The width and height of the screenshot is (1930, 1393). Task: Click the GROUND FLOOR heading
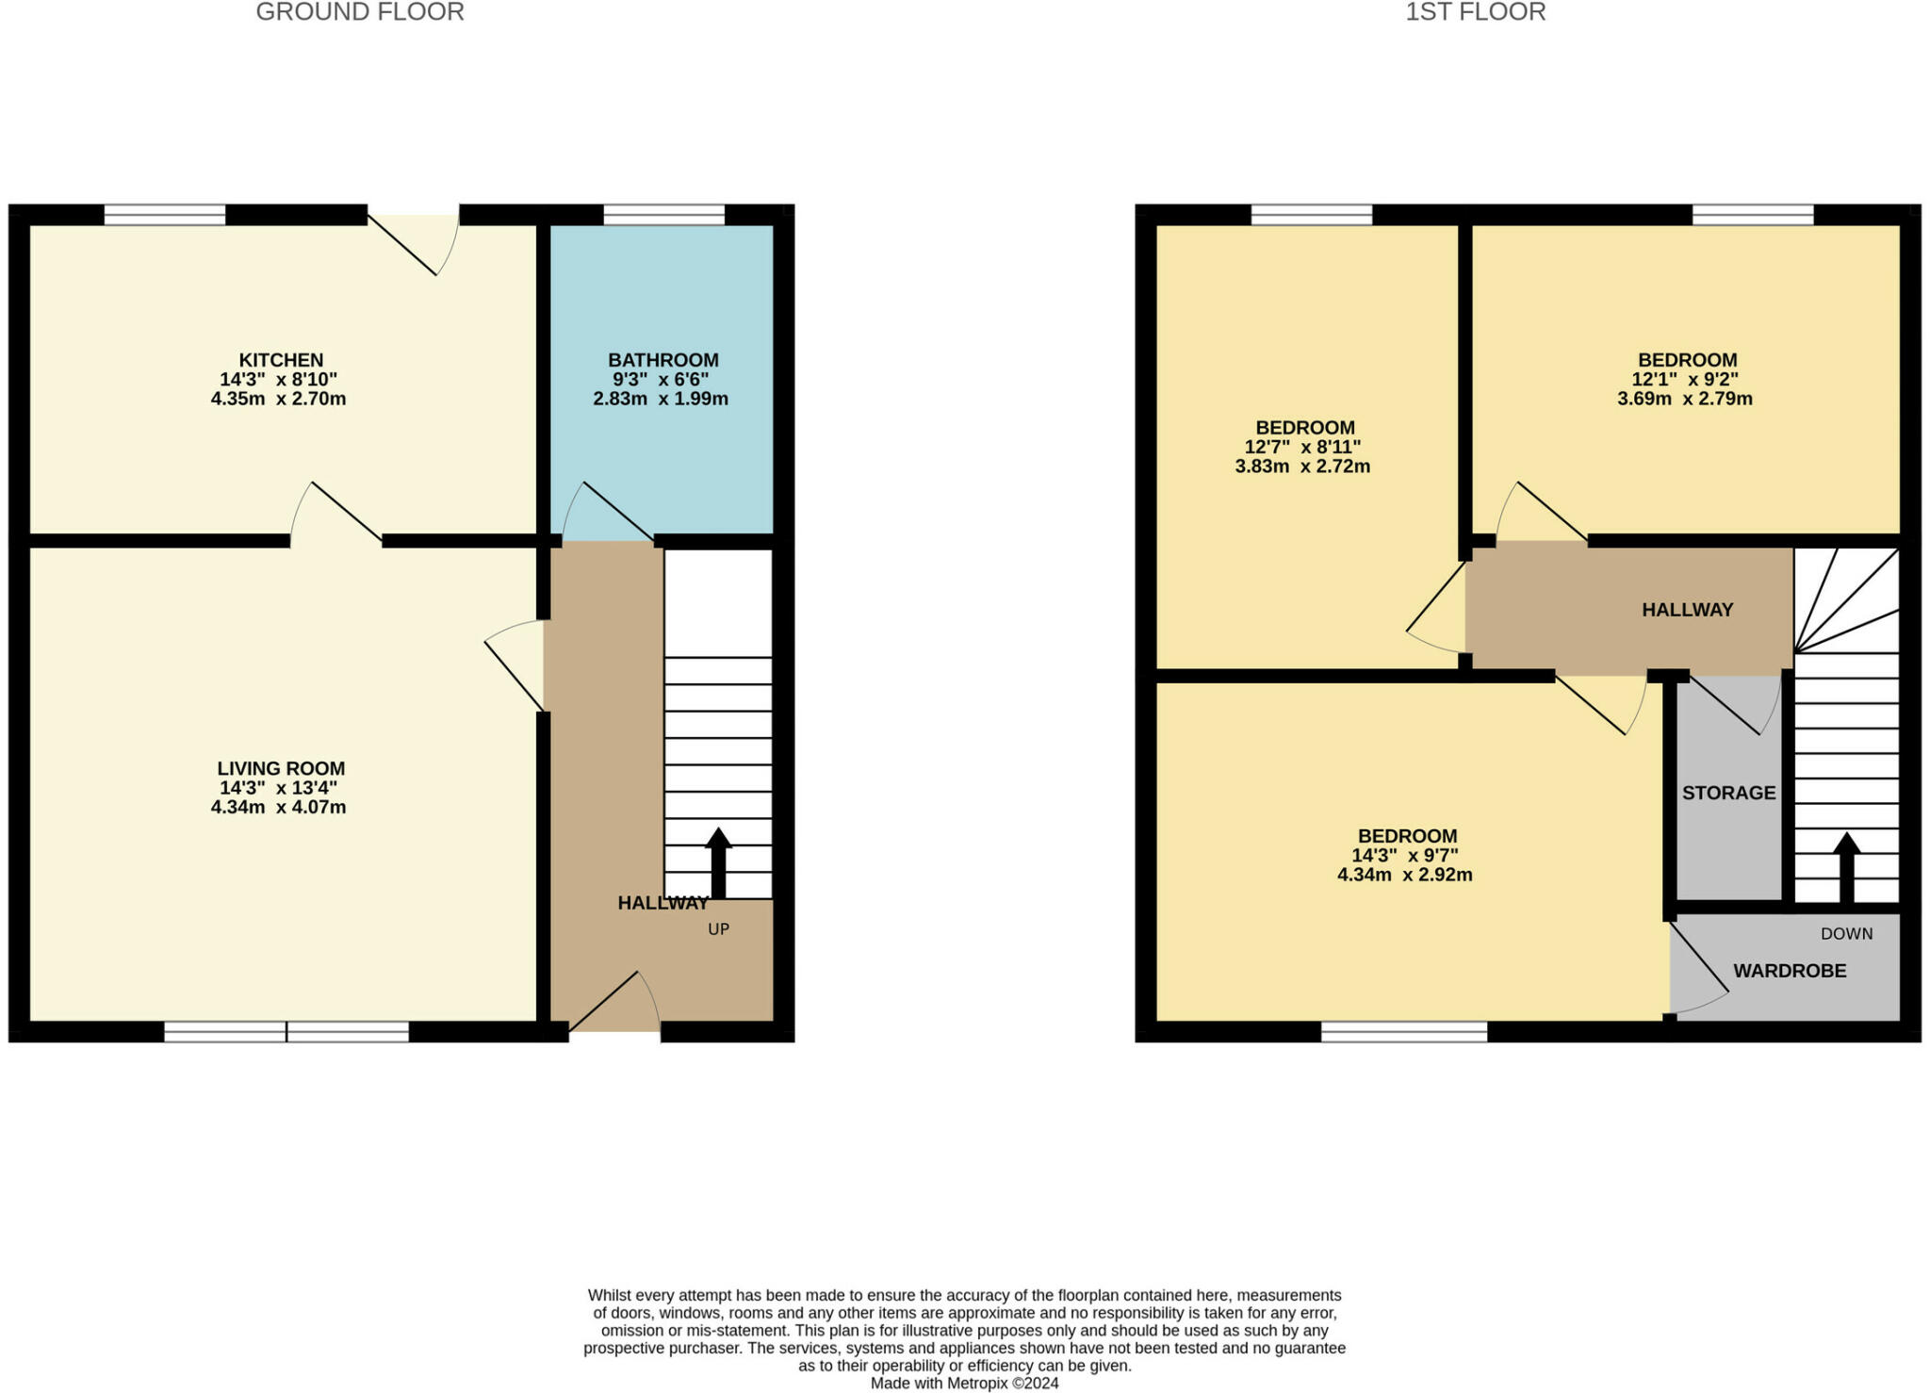[360, 12]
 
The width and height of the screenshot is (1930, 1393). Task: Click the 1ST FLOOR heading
[1476, 12]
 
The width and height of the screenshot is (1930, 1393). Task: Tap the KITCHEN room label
[281, 360]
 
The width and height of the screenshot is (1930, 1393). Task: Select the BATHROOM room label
[663, 360]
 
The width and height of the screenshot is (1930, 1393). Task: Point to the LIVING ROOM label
[281, 768]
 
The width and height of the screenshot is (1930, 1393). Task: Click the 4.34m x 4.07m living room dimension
[279, 807]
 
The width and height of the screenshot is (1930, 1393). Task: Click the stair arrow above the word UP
[718, 862]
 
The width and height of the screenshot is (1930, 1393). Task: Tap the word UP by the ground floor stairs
[719, 929]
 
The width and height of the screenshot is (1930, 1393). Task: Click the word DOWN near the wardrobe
[1847, 934]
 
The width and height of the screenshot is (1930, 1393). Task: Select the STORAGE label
[1729, 793]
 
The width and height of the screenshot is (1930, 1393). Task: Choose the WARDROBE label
[1791, 971]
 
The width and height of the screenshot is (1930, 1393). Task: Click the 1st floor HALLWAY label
[1688, 610]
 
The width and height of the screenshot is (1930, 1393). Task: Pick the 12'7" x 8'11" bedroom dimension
[1303, 447]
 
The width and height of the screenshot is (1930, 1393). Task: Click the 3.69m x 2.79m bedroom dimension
[1685, 399]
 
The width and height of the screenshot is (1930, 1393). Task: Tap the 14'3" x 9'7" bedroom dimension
[1405, 856]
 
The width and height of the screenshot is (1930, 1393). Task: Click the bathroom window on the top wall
[664, 215]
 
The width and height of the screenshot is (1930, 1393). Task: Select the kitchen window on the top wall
[165, 215]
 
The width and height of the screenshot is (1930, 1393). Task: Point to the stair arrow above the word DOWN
[1846, 868]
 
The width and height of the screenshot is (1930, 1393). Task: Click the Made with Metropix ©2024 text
[964, 1384]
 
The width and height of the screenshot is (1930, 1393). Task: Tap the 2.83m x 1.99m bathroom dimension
[661, 399]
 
